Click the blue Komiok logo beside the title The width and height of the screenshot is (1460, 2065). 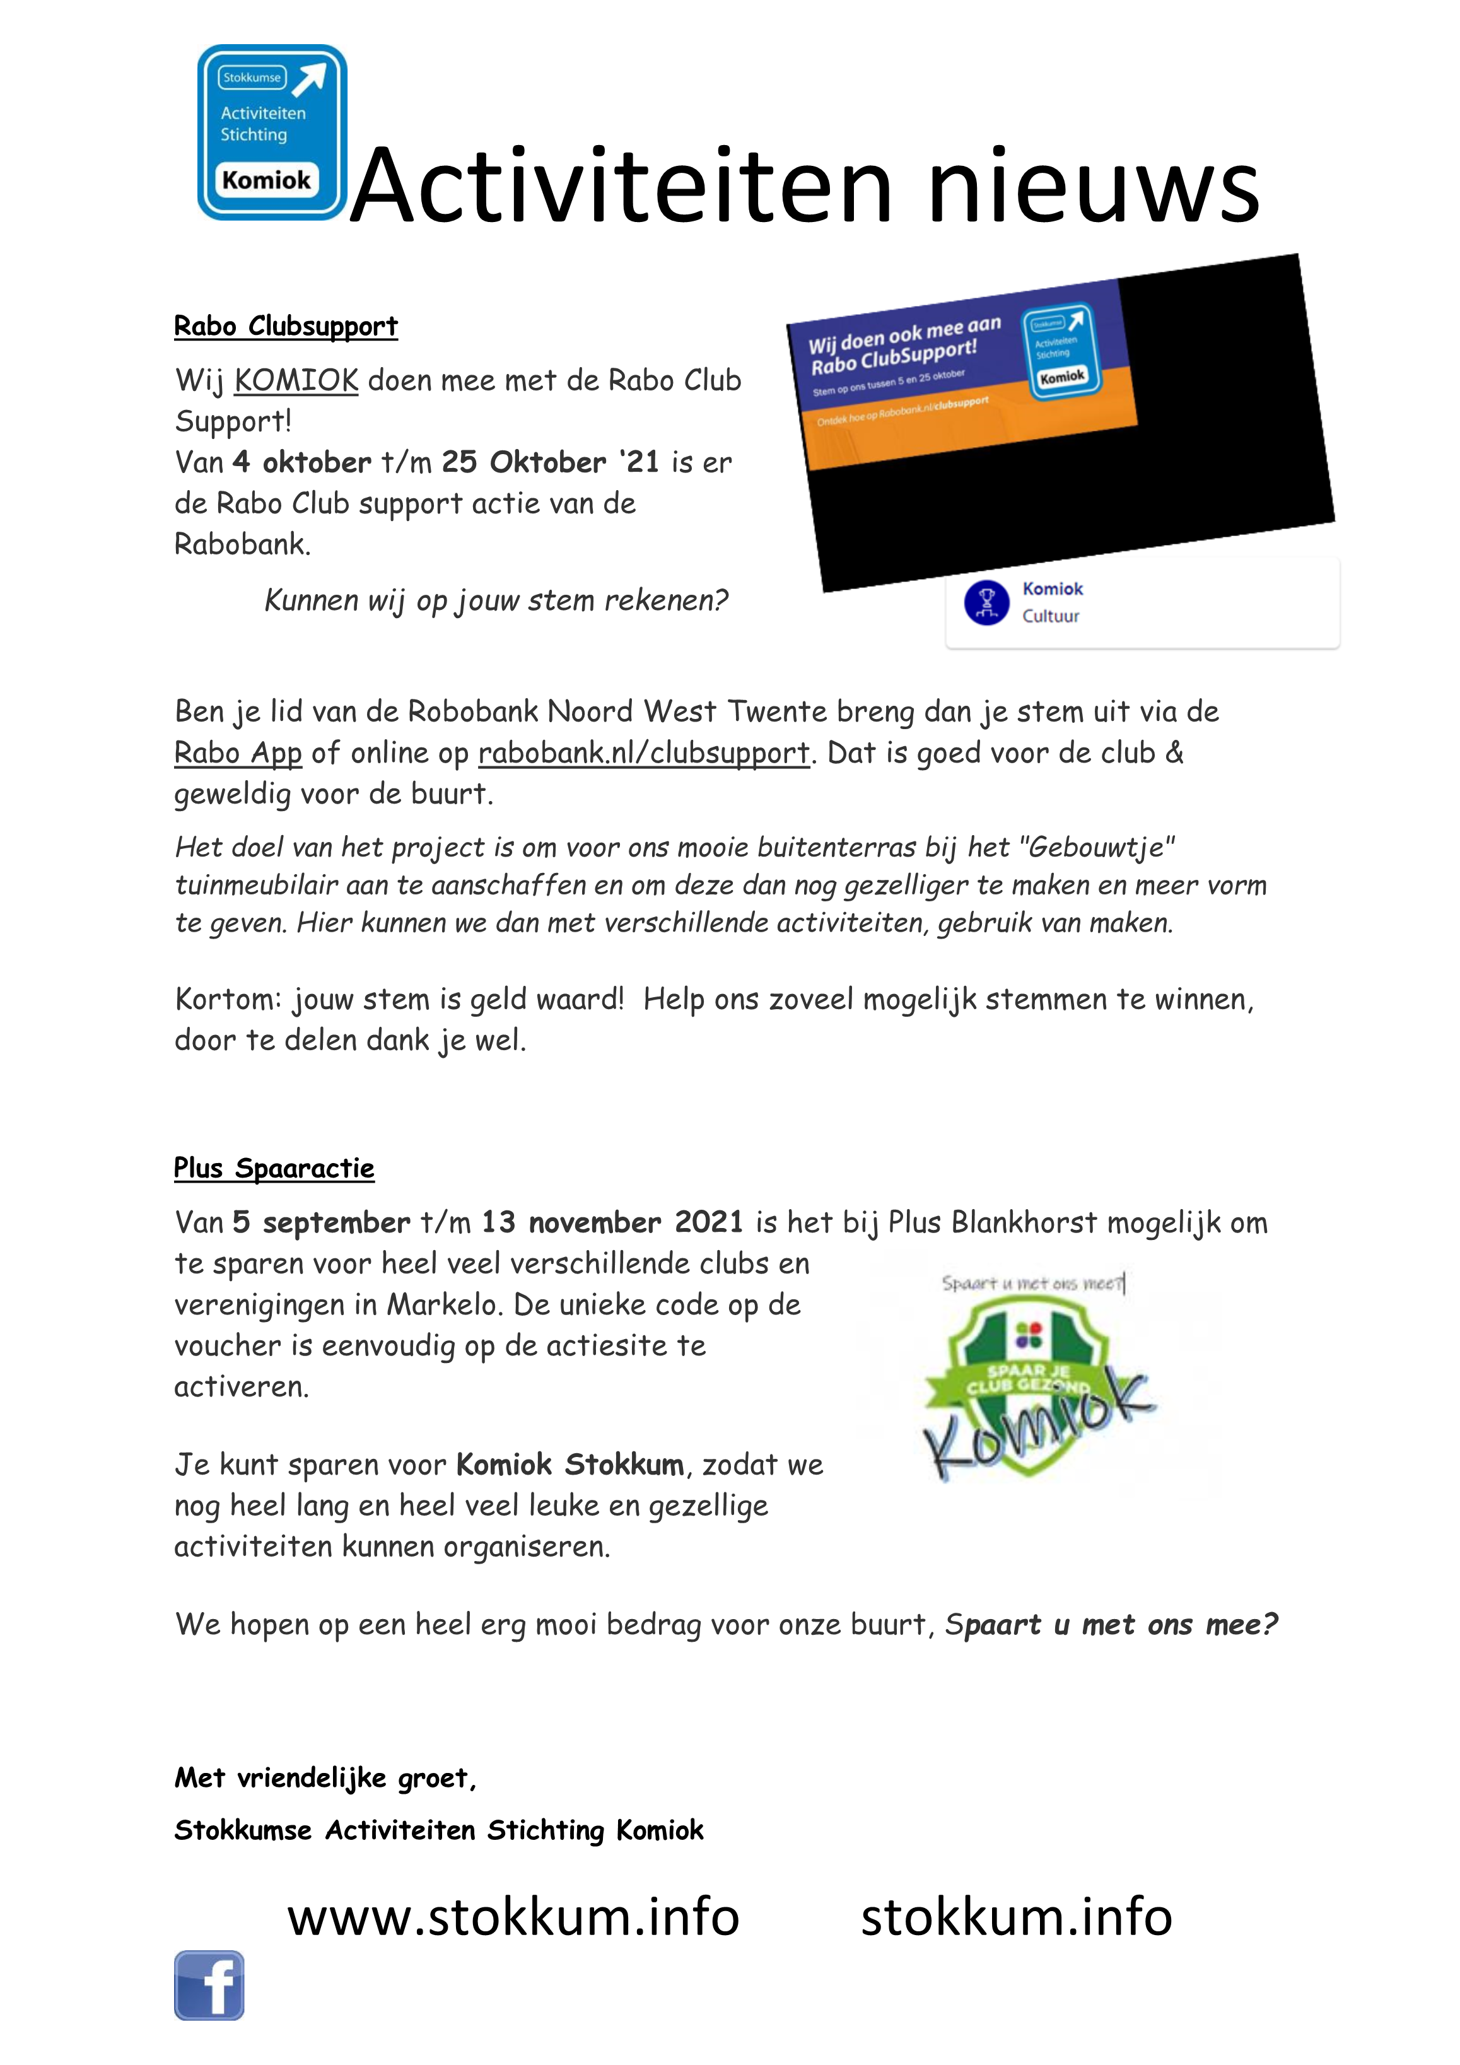(272, 132)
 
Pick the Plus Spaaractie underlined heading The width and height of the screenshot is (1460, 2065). (274, 1167)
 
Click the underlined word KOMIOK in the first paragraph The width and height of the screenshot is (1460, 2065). (296, 380)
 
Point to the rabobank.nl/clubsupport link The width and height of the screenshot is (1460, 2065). (643, 753)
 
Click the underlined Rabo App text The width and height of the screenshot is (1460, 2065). (238, 753)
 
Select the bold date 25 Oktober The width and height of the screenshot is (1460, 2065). (523, 462)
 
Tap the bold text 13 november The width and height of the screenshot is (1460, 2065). (570, 1222)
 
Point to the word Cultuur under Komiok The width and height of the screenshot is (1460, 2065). (1050, 616)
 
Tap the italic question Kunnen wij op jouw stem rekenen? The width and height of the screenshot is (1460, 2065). (496, 600)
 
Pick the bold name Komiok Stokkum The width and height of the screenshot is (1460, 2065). (569, 1464)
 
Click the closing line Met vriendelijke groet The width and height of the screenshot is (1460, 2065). (325, 1777)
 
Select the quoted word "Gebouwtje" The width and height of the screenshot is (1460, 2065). (1101, 847)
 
